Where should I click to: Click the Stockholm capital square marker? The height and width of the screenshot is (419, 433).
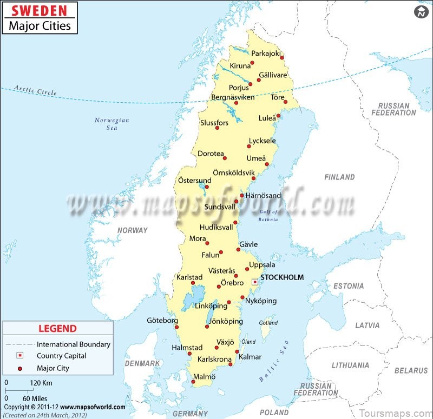[254, 282]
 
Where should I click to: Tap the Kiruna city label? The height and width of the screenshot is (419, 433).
[240, 66]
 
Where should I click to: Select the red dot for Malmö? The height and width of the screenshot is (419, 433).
[193, 382]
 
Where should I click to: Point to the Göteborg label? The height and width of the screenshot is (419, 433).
[162, 321]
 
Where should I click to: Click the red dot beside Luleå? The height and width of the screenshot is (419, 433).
[278, 116]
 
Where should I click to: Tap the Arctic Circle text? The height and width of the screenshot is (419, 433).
[36, 90]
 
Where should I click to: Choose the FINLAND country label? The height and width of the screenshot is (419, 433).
[339, 177]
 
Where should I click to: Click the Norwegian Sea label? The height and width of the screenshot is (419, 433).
[112, 124]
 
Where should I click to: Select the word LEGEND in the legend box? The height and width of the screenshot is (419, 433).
[57, 328]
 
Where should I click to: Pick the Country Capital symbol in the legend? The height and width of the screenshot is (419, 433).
[20, 356]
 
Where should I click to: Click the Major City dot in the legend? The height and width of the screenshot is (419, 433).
[20, 368]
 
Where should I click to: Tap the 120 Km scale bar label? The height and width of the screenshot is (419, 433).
[41, 383]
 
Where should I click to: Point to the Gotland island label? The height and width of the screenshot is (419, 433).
[268, 323]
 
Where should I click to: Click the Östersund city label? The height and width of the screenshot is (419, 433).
[195, 180]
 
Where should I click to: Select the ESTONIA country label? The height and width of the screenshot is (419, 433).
[349, 286]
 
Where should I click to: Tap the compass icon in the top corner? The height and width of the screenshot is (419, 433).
[421, 12]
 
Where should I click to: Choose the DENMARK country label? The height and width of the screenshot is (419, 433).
[142, 363]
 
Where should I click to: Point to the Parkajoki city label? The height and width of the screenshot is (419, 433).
[266, 53]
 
